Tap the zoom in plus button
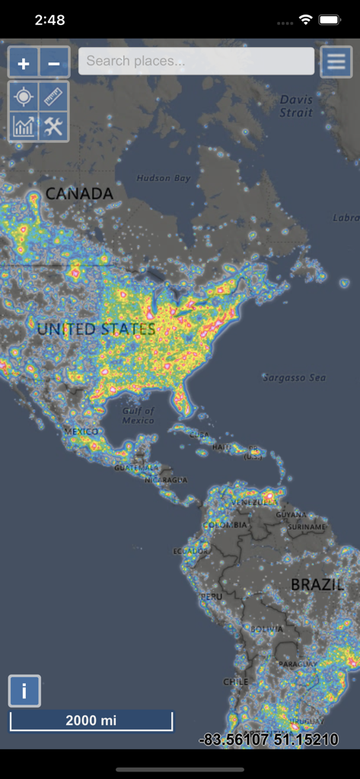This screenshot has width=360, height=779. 24,63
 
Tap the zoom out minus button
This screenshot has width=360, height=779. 54,63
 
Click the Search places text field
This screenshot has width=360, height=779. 196,61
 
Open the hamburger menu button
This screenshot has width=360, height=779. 336,62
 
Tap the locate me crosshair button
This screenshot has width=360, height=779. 24,97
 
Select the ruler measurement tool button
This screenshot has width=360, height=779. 53,97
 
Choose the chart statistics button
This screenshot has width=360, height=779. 24,127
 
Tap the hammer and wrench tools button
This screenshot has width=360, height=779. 53,127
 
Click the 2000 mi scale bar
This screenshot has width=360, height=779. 91,720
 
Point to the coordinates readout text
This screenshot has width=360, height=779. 269,739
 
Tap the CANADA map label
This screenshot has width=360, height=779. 79,194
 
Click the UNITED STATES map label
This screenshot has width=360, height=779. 96,329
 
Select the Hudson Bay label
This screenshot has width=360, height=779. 163,178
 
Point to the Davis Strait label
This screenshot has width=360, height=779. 296,106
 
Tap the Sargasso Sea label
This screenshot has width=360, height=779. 294,377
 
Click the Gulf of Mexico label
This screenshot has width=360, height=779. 138,415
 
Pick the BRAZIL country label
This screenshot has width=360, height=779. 317,584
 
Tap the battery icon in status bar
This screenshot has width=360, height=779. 329,20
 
